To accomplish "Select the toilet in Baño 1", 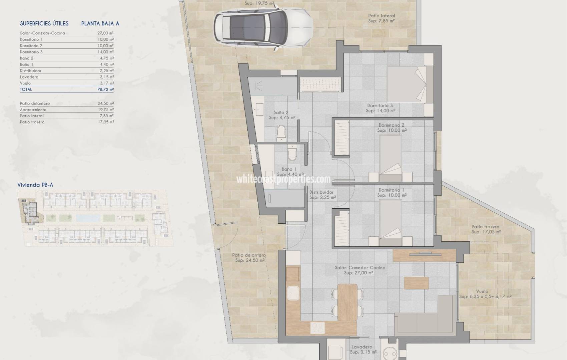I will coord(292,153).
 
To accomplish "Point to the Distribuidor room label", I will coord(321,192).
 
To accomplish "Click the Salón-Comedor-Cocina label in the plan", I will coord(360,268).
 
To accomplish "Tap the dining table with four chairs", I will coord(347,302).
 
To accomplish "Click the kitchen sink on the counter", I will coord(294,293).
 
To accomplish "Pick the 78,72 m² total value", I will coord(106,90).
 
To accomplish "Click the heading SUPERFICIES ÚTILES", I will coord(44,23).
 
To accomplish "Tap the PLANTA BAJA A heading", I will coord(100,23).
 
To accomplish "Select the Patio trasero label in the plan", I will coord(485,227).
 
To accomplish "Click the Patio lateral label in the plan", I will coord(381,16).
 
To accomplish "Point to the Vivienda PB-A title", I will coord(35,185).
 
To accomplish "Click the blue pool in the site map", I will coord(88,218).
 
